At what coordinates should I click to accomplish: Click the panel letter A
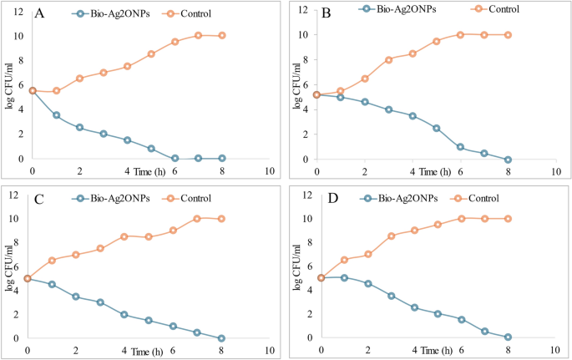(38, 13)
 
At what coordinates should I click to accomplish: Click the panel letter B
(325, 13)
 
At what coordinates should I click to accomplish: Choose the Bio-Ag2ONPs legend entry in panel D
(397, 198)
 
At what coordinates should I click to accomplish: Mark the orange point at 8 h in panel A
(222, 35)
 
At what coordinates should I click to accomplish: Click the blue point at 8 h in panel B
(508, 159)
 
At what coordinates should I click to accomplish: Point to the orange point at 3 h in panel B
(389, 59)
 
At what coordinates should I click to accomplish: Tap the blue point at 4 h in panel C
(124, 315)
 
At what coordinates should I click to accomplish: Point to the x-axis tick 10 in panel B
(555, 171)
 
